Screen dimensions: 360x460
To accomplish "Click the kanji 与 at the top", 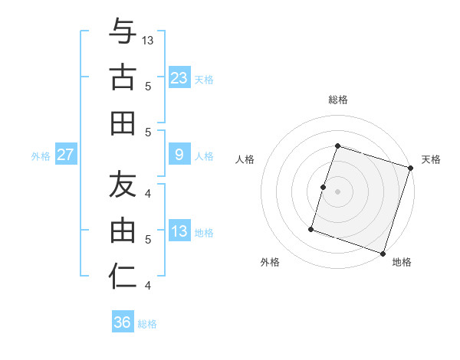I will [x=123, y=33].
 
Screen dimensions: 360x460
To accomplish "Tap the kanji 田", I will [x=123, y=123].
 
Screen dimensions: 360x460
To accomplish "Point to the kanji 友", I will [x=123, y=185].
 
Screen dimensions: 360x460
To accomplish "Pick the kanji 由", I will [x=123, y=230].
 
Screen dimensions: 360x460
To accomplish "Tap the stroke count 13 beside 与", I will [x=148, y=41].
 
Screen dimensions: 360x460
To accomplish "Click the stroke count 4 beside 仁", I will [x=148, y=286].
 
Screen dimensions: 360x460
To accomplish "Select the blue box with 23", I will [x=179, y=77].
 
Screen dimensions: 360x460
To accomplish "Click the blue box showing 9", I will [x=179, y=155].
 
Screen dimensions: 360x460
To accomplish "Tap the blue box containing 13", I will [x=179, y=231].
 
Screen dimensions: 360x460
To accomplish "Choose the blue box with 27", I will [x=66, y=155].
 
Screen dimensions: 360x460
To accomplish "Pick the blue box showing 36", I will [x=123, y=322].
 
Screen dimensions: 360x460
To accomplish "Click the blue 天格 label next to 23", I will [x=204, y=79].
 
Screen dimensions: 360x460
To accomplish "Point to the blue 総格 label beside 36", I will [x=147, y=324].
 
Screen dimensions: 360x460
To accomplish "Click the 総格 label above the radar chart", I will [x=337, y=100].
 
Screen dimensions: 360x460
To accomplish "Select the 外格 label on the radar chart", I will [x=270, y=262].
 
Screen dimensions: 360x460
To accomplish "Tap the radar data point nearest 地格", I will [x=383, y=253].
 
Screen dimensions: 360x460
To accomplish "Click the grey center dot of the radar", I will [x=337, y=191].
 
